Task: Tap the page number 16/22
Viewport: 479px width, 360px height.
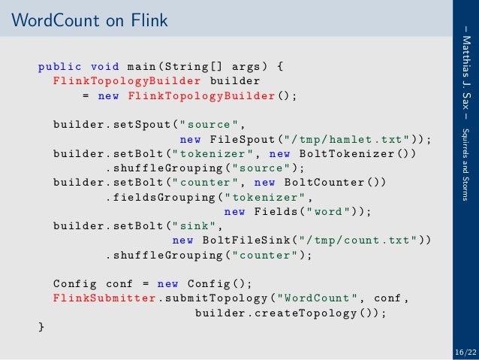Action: tap(465, 351)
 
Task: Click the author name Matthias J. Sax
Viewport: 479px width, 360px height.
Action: tap(467, 71)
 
